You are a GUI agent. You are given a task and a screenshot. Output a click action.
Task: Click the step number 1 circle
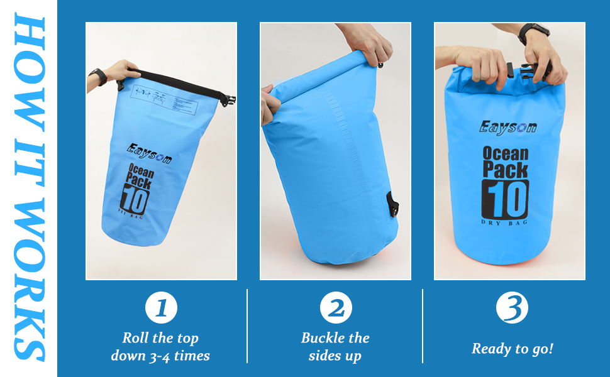161,309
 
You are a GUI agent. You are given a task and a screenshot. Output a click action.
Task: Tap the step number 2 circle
336,309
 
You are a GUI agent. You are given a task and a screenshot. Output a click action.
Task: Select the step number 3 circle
511,309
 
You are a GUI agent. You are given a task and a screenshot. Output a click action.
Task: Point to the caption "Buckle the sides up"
335,346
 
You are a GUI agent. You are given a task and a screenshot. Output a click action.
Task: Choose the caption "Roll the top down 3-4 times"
160,346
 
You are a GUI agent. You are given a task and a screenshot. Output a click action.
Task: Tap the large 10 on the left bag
134,200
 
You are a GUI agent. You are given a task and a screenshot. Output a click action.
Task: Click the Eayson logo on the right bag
508,127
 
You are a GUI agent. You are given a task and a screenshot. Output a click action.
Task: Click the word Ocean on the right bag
506,154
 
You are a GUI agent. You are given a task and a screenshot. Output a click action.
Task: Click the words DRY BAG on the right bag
505,222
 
